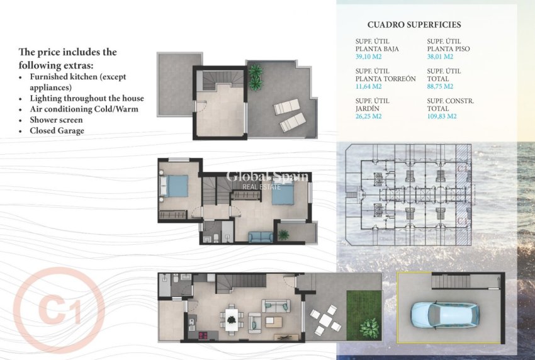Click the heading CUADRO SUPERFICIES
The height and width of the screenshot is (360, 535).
click(x=414, y=25)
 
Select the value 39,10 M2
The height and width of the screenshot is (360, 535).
click(x=369, y=56)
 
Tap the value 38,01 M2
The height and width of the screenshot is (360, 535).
click(x=440, y=56)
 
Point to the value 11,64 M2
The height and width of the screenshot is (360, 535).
click(x=369, y=86)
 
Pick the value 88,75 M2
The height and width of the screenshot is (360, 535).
click(x=440, y=86)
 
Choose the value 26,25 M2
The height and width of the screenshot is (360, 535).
click(x=369, y=116)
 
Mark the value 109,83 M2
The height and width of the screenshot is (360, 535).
click(x=442, y=116)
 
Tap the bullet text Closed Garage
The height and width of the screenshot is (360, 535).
click(x=57, y=131)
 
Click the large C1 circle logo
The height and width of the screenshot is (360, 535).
click(x=59, y=310)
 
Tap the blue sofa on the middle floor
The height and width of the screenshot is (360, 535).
click(x=260, y=237)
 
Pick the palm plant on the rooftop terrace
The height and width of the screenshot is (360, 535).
click(x=255, y=76)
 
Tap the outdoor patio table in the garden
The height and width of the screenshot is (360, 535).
click(x=325, y=319)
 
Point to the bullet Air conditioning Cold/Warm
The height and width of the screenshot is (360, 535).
click(x=84, y=109)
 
